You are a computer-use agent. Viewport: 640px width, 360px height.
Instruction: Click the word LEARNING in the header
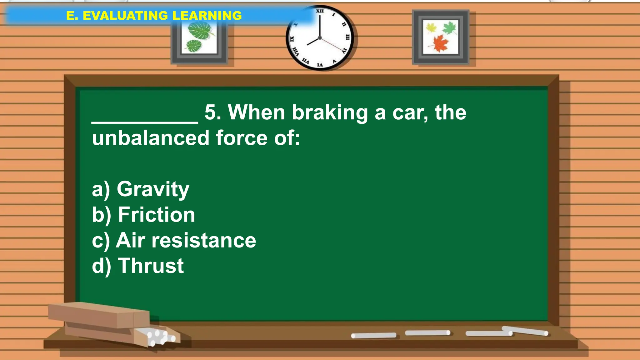(x=207, y=16)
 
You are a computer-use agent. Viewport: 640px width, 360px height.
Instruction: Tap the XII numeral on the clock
(x=320, y=11)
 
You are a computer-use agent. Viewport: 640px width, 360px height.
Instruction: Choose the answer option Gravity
(x=153, y=189)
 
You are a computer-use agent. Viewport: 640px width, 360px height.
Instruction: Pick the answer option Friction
(x=156, y=215)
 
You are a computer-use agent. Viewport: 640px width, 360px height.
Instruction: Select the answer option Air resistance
(x=186, y=241)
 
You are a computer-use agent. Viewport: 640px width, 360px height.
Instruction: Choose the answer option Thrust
(x=151, y=266)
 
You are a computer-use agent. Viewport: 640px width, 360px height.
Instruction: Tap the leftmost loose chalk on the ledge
(x=373, y=336)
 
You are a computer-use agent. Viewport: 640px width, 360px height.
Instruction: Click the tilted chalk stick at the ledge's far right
(x=525, y=331)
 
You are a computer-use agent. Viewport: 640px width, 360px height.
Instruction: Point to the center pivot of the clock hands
(x=320, y=38)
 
